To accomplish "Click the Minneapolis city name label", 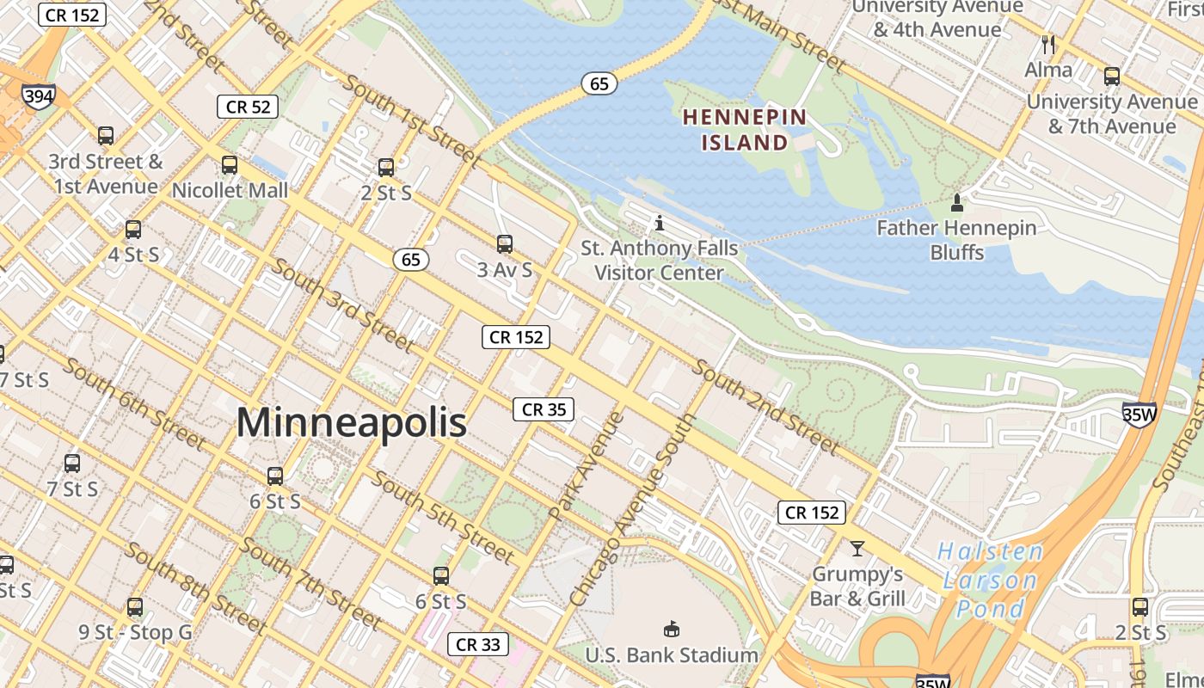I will pyautogui.click(x=351, y=422).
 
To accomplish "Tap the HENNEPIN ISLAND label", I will pyautogui.click(x=745, y=130).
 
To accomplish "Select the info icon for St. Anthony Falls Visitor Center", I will pyautogui.click(x=660, y=224).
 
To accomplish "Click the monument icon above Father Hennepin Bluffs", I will pyautogui.click(x=956, y=203).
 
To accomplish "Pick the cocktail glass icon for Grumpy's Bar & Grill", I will pyautogui.click(x=857, y=548).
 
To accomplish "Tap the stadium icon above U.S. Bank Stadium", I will pyautogui.click(x=671, y=630).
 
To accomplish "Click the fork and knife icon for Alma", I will pyautogui.click(x=1047, y=44).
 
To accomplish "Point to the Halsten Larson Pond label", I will pyautogui.click(x=990, y=580).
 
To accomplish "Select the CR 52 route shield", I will pyautogui.click(x=248, y=107).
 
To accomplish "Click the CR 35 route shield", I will pyautogui.click(x=544, y=409).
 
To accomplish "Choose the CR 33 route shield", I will pyautogui.click(x=478, y=644).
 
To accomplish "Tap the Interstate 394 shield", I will pyautogui.click(x=39, y=96).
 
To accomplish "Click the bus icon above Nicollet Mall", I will pyautogui.click(x=230, y=165).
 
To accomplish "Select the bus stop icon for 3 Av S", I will pyautogui.click(x=505, y=244).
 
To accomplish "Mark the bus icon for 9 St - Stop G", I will pyautogui.click(x=135, y=607).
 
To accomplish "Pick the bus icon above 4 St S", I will pyautogui.click(x=133, y=230).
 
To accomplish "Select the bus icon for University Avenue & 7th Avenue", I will pyautogui.click(x=1112, y=77).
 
